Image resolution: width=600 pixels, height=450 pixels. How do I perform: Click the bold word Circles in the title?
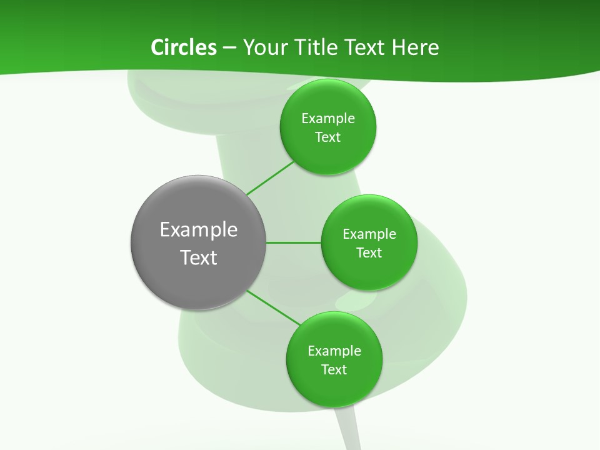(183, 47)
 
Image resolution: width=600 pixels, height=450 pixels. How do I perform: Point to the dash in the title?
(229, 48)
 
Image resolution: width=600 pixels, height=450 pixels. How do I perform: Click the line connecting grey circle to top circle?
(270, 178)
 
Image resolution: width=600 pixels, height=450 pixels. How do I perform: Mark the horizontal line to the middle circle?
(294, 242)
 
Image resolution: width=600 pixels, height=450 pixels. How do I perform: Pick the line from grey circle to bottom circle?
(273, 307)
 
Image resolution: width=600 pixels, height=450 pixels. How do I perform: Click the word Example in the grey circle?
(199, 230)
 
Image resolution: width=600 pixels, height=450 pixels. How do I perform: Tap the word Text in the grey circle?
(199, 257)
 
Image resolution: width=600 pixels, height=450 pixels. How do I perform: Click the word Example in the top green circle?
(327, 119)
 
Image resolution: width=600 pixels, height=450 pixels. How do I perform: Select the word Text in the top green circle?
(327, 137)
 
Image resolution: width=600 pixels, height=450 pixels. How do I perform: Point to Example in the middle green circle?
(369, 234)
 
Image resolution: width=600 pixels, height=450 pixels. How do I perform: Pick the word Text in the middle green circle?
(369, 253)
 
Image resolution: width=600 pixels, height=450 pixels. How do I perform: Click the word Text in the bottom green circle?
(334, 370)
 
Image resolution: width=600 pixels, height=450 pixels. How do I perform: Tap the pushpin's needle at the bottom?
(347, 431)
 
